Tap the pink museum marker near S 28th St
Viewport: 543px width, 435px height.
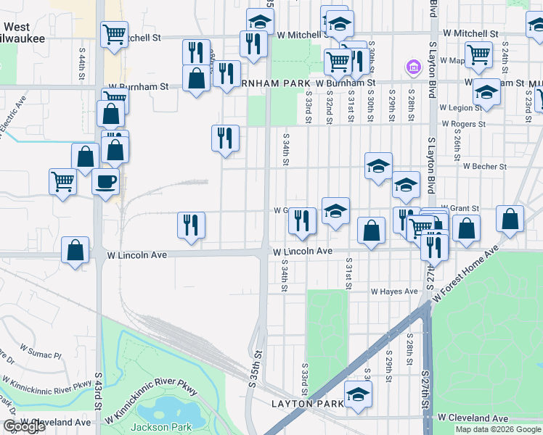(413, 68)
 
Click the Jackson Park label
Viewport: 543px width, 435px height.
(166, 427)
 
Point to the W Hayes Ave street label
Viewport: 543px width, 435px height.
(394, 291)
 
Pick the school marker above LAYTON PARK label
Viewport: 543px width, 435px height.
(358, 394)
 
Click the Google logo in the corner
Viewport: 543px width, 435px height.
(24, 426)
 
